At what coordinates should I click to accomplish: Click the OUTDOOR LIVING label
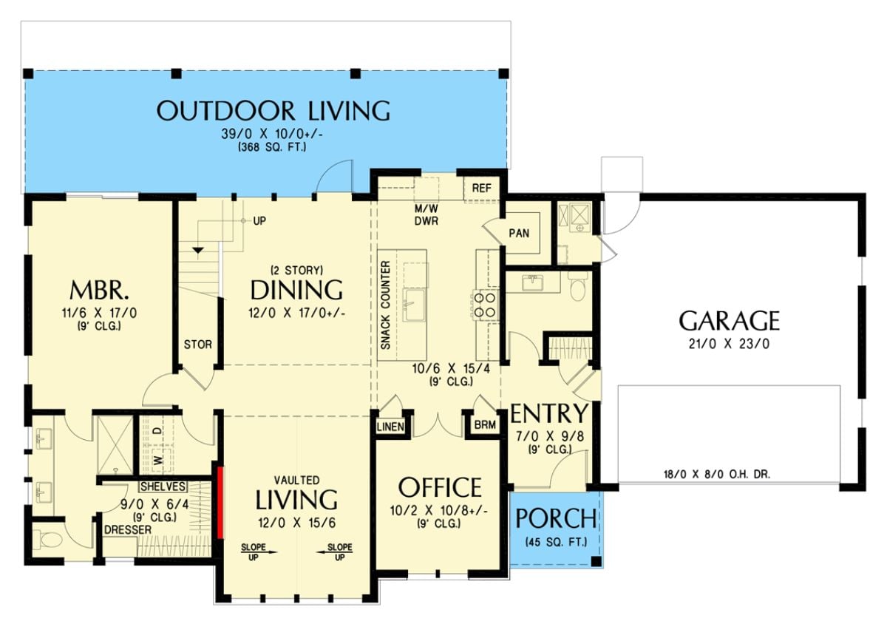273,111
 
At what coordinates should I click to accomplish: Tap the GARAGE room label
729,321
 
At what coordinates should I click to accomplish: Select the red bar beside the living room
219,502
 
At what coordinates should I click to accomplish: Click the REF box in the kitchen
482,188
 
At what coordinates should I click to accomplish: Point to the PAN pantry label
519,233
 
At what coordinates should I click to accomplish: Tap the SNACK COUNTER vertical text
385,305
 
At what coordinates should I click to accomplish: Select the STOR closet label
197,344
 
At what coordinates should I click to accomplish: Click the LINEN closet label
390,427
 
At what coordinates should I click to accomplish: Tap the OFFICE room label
440,488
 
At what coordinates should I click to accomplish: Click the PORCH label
556,519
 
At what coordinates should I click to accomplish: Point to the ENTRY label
549,413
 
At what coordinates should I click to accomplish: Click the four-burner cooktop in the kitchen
485,305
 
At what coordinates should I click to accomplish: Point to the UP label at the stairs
259,221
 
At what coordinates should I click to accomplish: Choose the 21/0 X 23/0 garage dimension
729,343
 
